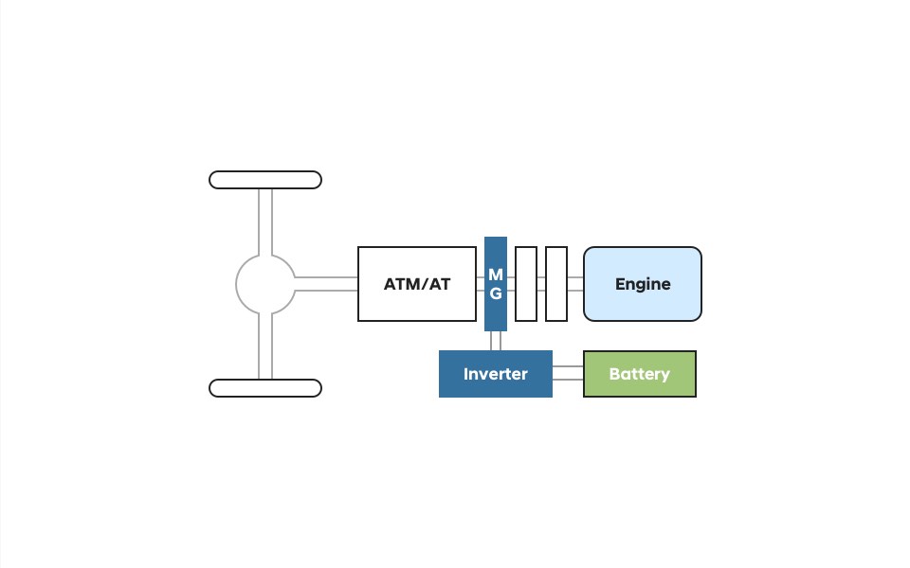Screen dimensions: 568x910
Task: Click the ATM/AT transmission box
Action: pos(416,284)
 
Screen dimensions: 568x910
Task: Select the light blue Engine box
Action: pos(642,284)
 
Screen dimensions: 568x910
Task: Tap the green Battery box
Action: pos(639,374)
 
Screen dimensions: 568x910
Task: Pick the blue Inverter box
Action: pos(495,374)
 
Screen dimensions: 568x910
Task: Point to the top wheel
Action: pos(265,180)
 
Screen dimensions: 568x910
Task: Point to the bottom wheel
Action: pos(265,388)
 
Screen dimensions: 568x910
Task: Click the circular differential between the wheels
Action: pos(265,284)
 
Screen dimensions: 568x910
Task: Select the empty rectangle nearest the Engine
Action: pos(556,284)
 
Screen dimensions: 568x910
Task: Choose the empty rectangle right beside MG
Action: pos(526,284)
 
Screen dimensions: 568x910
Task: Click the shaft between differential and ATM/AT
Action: pos(326,284)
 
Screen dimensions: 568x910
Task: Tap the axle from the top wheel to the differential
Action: pos(265,222)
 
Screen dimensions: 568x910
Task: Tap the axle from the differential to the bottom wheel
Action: pos(265,346)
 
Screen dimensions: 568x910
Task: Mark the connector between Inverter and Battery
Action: pos(567,373)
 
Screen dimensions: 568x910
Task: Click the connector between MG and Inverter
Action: pos(495,341)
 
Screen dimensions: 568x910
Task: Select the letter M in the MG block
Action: pos(495,275)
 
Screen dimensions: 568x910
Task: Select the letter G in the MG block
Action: pos(495,293)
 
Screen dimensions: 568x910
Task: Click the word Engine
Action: pos(642,284)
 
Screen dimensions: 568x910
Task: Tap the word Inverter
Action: pos(495,374)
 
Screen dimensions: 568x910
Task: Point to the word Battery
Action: pos(639,374)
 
